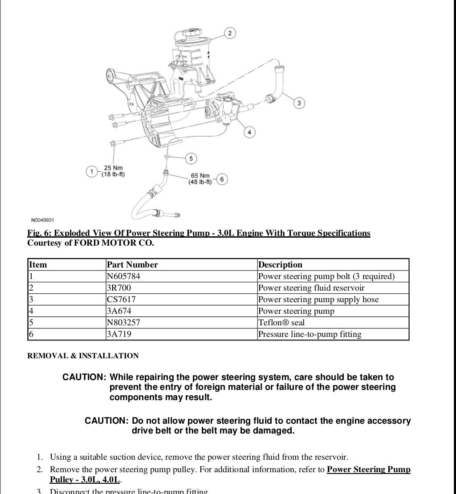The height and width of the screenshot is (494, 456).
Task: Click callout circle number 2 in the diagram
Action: pos(230,33)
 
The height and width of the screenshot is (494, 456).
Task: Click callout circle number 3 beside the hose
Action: pos(299,103)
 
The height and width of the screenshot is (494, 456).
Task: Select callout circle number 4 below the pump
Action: pos(249,132)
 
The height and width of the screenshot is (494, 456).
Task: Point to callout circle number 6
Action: pos(222,179)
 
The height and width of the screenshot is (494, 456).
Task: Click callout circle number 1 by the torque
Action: pos(92,171)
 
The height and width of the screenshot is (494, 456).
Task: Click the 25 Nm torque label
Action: pos(113,171)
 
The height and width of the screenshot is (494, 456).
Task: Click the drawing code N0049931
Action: pos(43,220)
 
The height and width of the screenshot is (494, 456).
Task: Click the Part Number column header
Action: pos(132,265)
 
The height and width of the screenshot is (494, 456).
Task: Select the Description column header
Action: pos(280,265)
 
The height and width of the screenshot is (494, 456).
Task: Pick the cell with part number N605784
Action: pos(123,276)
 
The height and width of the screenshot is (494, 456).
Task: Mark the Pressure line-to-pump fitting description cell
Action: pos(310,334)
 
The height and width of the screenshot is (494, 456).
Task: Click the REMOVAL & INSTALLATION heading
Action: pos(83,356)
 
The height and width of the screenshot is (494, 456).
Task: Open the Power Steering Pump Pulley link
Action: pos(368,470)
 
